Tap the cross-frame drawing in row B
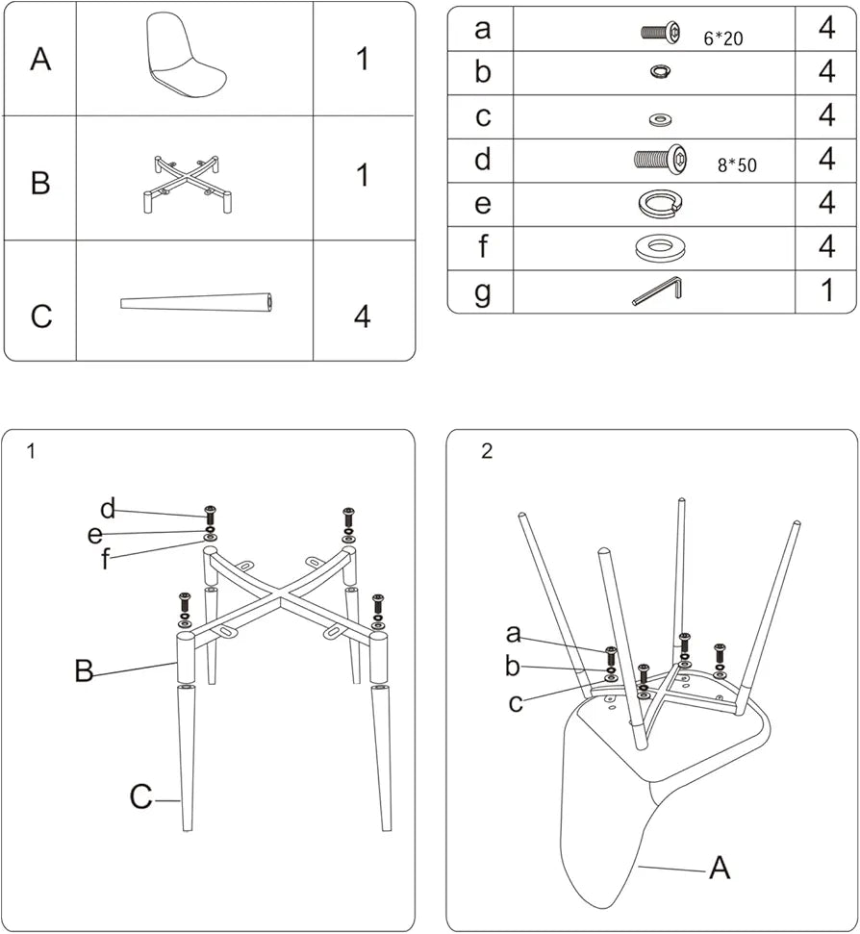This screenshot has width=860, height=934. [x=188, y=181]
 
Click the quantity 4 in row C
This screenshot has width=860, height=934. [x=362, y=316]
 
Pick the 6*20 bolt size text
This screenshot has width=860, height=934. [x=724, y=39]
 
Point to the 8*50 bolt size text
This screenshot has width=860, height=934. [x=737, y=165]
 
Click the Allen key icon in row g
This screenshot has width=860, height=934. [x=657, y=291]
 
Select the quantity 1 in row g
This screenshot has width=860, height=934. [x=827, y=291]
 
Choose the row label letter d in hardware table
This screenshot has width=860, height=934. [x=483, y=160]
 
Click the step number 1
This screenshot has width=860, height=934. [x=32, y=451]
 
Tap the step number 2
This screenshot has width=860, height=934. [x=487, y=451]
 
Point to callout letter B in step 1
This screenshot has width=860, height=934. [x=85, y=670]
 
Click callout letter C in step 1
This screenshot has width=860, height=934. [x=141, y=797]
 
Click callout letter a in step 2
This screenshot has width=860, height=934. [x=514, y=633]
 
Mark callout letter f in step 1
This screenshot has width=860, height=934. [x=105, y=560]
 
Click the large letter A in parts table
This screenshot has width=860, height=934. [x=40, y=60]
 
